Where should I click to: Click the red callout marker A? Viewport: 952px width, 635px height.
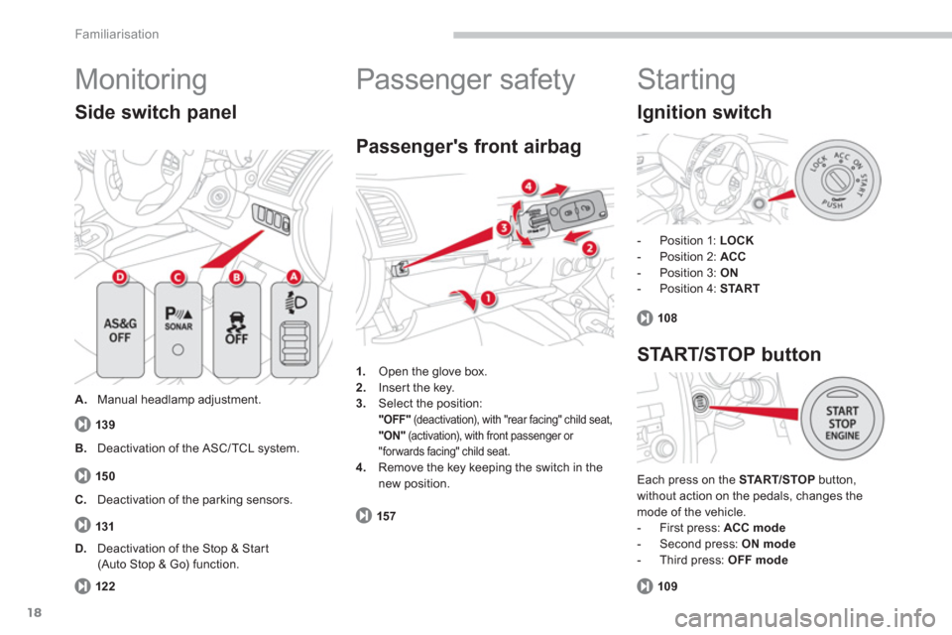tap(294, 277)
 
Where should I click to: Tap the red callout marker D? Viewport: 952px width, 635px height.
tap(120, 277)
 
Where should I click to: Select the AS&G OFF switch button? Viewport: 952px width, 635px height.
tap(120, 330)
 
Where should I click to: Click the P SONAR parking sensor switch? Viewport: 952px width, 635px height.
tap(178, 330)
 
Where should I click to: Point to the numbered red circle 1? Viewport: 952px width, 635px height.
tap(488, 299)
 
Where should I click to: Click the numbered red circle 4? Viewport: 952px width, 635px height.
tap(529, 186)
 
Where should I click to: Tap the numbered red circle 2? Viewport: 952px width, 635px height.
tap(589, 248)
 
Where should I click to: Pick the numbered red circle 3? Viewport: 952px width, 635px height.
tap(504, 228)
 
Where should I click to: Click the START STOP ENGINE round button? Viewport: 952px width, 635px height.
tap(842, 419)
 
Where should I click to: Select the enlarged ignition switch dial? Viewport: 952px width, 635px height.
tap(838, 180)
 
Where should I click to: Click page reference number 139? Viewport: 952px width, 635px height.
tap(105, 424)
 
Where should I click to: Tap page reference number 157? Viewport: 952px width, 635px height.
tap(386, 516)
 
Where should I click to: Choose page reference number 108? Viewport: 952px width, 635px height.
tap(667, 317)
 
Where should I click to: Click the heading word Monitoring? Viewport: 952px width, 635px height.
tap(141, 79)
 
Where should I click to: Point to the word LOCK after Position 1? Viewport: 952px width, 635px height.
tap(737, 240)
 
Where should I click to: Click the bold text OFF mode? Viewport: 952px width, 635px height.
tap(758, 560)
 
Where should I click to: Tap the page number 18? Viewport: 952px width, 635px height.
tap(35, 612)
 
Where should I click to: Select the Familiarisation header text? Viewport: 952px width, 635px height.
tap(117, 34)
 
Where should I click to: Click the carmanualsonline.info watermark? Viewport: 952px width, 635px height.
tap(804, 618)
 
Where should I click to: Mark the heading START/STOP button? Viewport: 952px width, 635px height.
tap(729, 354)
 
